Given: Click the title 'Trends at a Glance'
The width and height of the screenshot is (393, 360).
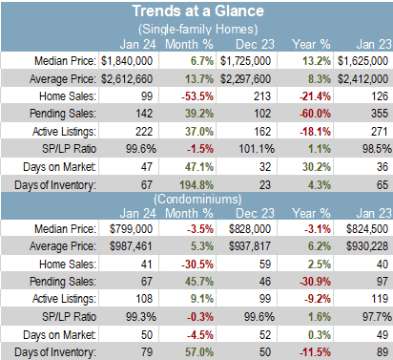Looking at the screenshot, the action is coord(197,11).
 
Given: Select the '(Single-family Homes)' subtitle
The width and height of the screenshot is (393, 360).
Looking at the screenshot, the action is coord(197,29).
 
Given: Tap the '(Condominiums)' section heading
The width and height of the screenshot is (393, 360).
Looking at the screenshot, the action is coord(197,199).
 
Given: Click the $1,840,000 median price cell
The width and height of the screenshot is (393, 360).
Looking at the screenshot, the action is coord(127,61).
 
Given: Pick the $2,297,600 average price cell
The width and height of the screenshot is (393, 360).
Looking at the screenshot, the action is coord(245,78).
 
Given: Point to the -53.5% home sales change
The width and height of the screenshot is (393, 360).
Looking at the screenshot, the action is coord(197,96).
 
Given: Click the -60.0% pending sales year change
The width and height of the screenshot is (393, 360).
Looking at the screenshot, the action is coord(315,114).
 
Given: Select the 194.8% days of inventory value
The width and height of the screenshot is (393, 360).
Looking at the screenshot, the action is coord(196,184).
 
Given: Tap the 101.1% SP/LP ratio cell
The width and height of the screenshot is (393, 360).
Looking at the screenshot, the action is coord(257,149).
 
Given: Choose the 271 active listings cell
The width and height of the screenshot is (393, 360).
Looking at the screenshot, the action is coord(380,132).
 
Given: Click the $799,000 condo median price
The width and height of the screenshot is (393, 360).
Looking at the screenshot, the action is coord(131,229).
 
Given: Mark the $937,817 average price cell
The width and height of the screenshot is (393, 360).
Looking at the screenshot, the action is coord(250,246).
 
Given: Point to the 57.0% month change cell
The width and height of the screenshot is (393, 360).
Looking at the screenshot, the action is coord(199,352).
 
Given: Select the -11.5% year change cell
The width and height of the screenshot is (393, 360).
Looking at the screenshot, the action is coord(315,352).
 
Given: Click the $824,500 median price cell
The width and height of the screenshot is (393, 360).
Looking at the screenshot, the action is coord(367,229).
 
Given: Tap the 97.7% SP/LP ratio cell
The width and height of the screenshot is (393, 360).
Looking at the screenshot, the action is coord(377,317).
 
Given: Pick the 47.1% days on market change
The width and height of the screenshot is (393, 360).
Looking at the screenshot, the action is coord(199,167).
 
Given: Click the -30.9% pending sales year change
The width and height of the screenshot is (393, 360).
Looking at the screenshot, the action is coord(315,282).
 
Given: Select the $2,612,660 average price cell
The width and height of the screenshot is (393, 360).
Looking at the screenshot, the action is coord(127,78).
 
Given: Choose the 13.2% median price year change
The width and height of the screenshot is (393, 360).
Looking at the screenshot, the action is coord(317,61).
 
